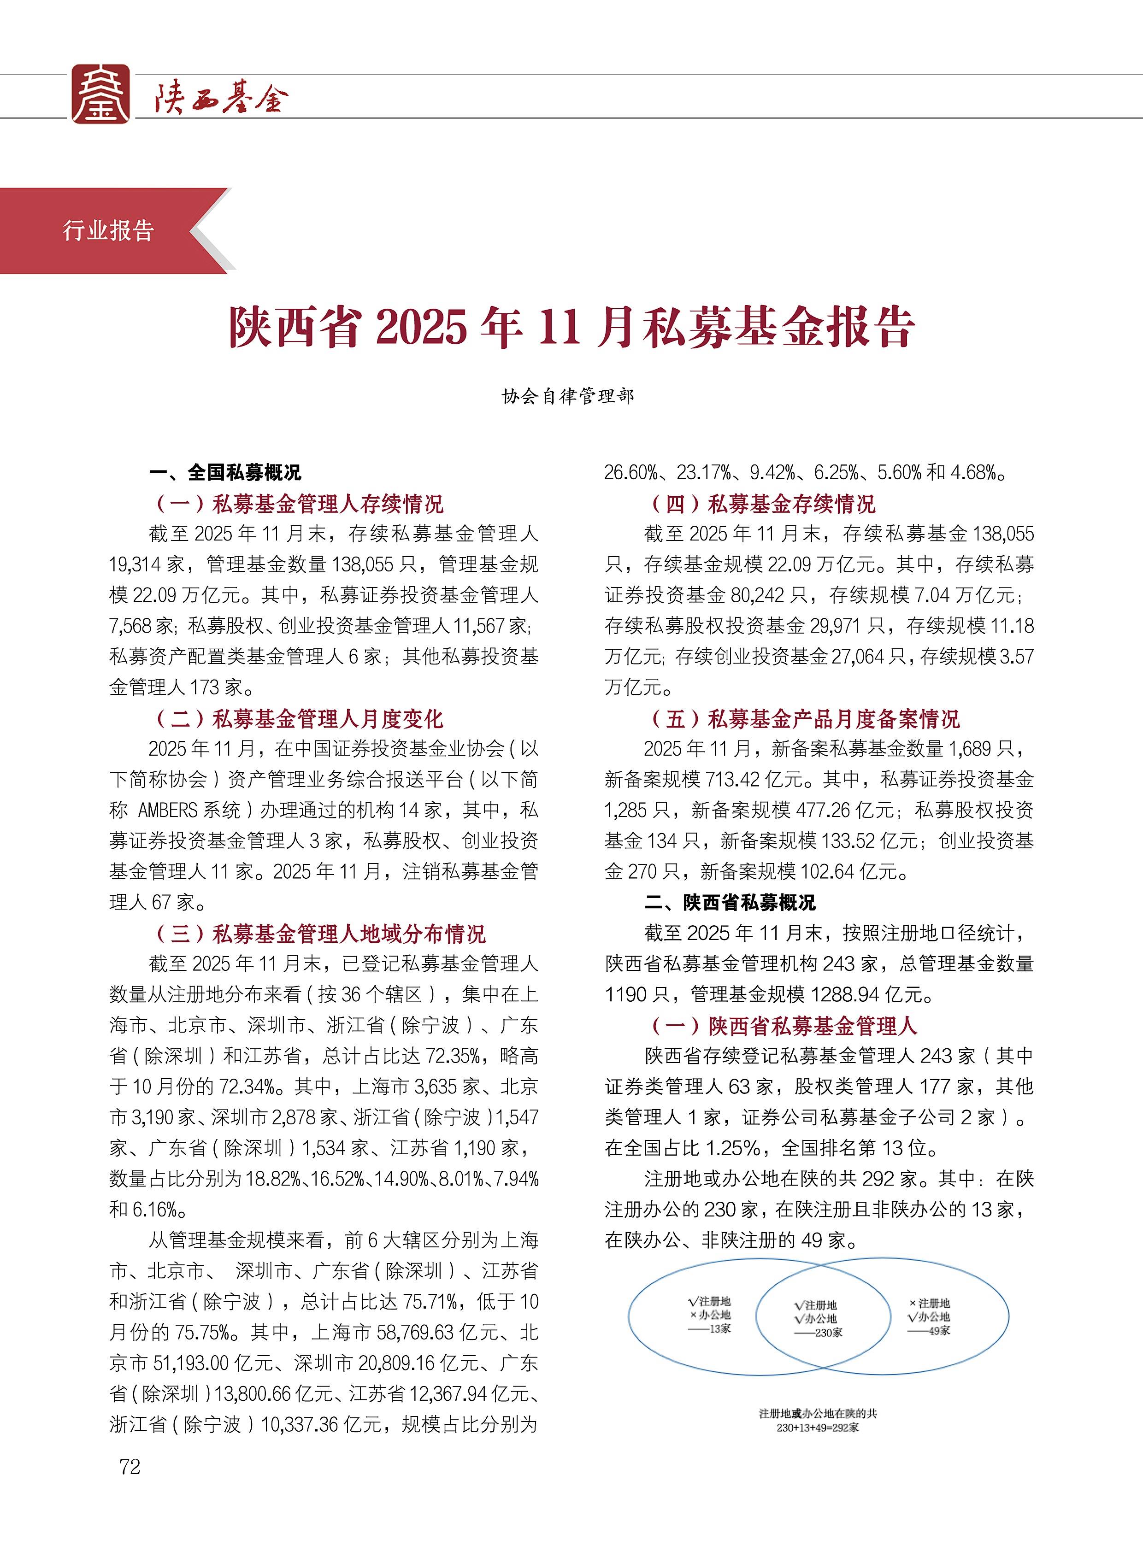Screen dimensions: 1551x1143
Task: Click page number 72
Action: tap(130, 1467)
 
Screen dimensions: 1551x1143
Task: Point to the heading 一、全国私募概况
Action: tap(225, 472)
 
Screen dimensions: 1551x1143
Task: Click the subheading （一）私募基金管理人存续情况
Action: tap(299, 504)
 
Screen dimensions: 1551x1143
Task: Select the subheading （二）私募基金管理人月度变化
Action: tap(299, 719)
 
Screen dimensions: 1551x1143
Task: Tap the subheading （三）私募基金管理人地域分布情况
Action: tap(320, 934)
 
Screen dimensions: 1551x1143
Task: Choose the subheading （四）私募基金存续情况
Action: tap(762, 504)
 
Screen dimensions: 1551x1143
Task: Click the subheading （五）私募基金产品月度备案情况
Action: tap(805, 719)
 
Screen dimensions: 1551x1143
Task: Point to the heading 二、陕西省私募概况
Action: tap(730, 902)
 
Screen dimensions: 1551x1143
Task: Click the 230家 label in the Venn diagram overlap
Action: tap(827, 1333)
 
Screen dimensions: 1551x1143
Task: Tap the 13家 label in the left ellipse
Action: tap(719, 1329)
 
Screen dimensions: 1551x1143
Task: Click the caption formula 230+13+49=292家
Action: tap(817, 1427)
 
